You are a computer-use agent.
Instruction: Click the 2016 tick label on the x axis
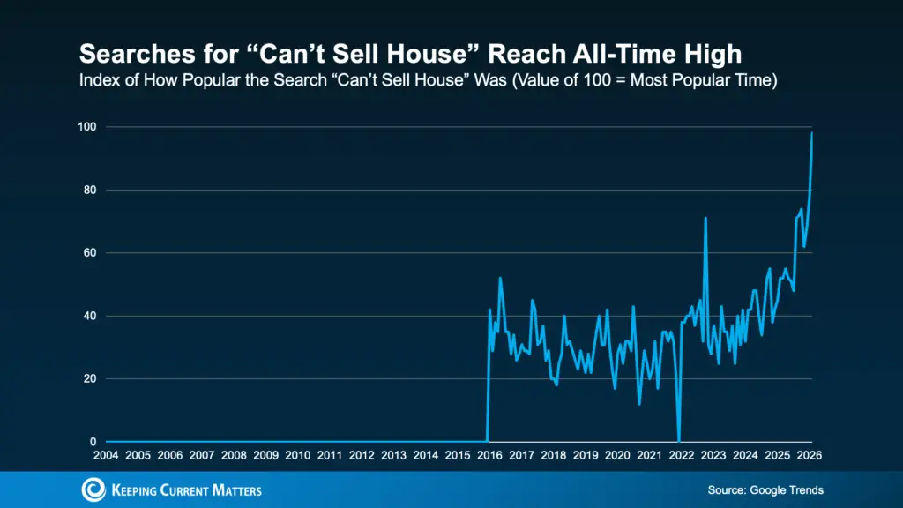tap(489, 455)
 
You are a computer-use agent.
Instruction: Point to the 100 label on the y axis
tap(86, 127)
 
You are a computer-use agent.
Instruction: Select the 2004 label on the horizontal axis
tap(106, 455)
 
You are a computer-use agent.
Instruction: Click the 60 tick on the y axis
tap(89, 253)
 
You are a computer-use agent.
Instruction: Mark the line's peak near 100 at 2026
tap(811, 133)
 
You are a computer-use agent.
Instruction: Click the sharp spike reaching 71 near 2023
tap(705, 218)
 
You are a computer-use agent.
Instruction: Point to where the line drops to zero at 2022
tap(678, 440)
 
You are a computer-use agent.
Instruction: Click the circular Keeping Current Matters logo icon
tap(93, 489)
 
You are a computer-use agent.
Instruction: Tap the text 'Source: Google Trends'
tap(765, 489)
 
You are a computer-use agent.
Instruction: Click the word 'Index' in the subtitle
tap(98, 82)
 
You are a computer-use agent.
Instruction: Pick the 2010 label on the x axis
tap(298, 455)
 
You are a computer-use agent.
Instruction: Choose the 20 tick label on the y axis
tap(89, 379)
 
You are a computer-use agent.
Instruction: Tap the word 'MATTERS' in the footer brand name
tap(232, 490)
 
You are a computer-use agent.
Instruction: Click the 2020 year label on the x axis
tap(618, 455)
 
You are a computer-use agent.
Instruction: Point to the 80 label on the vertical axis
tap(89, 190)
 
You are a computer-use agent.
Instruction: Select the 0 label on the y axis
tap(92, 442)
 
